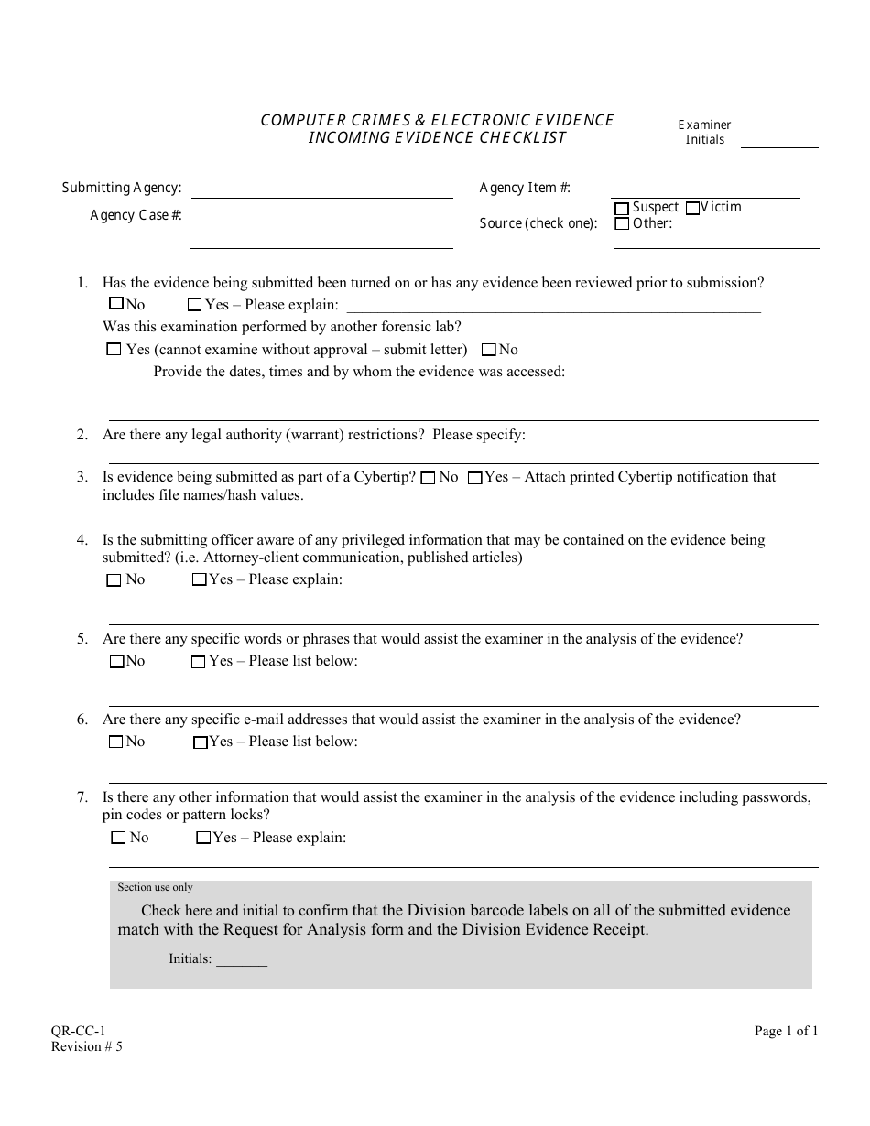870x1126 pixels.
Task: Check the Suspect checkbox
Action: [623, 209]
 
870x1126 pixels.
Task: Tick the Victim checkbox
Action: [692, 208]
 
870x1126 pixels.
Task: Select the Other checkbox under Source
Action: [623, 223]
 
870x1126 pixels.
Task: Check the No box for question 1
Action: [115, 304]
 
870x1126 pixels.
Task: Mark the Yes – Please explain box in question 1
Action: [194, 305]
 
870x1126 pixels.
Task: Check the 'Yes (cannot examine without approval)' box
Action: [114, 349]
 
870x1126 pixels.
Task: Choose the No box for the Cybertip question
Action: [428, 478]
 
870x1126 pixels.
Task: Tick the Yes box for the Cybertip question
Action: [474, 478]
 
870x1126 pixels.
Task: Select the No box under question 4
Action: [114, 579]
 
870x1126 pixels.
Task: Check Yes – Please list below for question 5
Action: [198, 662]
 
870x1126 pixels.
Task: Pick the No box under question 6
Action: [115, 742]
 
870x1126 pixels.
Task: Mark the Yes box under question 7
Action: [202, 838]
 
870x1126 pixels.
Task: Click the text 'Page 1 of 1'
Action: [786, 1031]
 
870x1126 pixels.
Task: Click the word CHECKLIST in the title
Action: [521, 138]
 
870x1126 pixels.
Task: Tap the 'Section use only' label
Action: [155, 887]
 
